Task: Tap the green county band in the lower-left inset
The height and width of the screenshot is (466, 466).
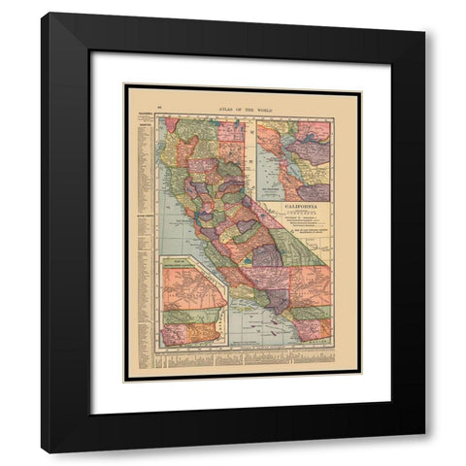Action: point(189,316)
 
